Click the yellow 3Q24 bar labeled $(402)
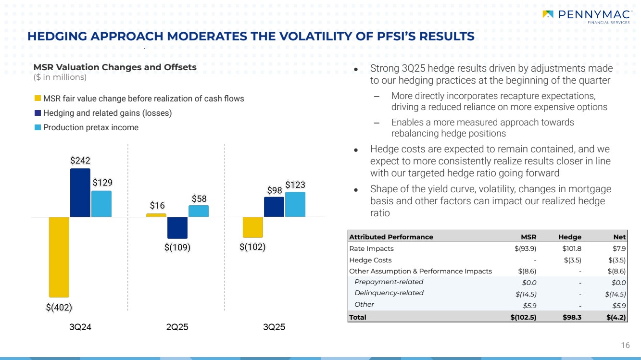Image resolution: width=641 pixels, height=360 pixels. tap(59, 257)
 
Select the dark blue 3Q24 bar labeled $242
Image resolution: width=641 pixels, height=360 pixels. tap(80, 193)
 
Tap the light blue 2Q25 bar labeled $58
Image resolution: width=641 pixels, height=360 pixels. tap(199, 211)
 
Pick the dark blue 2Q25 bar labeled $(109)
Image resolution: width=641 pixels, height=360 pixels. tap(177, 228)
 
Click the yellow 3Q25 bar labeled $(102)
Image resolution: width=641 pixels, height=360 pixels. tap(252, 227)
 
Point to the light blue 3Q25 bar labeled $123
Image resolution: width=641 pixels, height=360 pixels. tap(295, 204)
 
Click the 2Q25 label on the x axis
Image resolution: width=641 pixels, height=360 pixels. tap(177, 327)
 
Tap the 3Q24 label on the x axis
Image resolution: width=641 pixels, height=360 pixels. tap(80, 327)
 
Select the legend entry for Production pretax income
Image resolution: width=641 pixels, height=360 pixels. tap(90, 127)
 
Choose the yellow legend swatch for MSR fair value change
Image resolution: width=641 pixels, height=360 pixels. tap(38, 99)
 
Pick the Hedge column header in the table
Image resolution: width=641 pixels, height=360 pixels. tap(570, 237)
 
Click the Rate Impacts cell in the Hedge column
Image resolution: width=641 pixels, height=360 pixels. tap(572, 248)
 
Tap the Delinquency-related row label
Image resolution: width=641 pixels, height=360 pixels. tap(389, 293)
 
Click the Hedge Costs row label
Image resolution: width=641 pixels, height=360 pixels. tap(370, 260)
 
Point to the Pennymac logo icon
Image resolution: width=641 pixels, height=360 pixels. tap(548, 14)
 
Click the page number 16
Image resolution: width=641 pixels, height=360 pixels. tap(625, 345)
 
